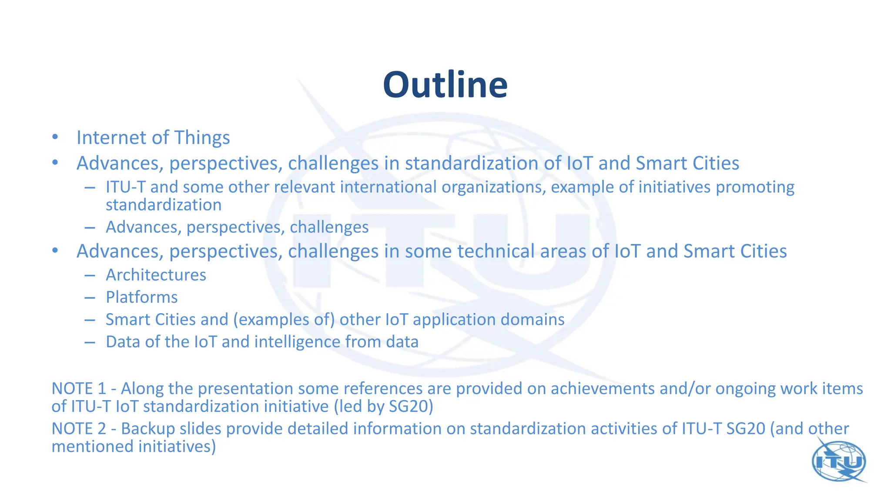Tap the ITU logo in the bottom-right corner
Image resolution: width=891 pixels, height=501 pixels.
point(839,461)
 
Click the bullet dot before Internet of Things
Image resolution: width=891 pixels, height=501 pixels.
point(55,137)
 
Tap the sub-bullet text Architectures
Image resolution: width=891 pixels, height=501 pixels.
point(156,275)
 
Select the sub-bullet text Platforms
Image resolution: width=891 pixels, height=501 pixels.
point(142,297)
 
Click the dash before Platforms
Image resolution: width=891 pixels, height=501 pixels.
point(90,297)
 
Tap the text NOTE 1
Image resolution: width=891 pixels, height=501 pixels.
point(79,388)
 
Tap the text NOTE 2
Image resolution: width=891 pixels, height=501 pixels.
point(79,428)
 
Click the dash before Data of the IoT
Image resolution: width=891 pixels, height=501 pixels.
point(90,342)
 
